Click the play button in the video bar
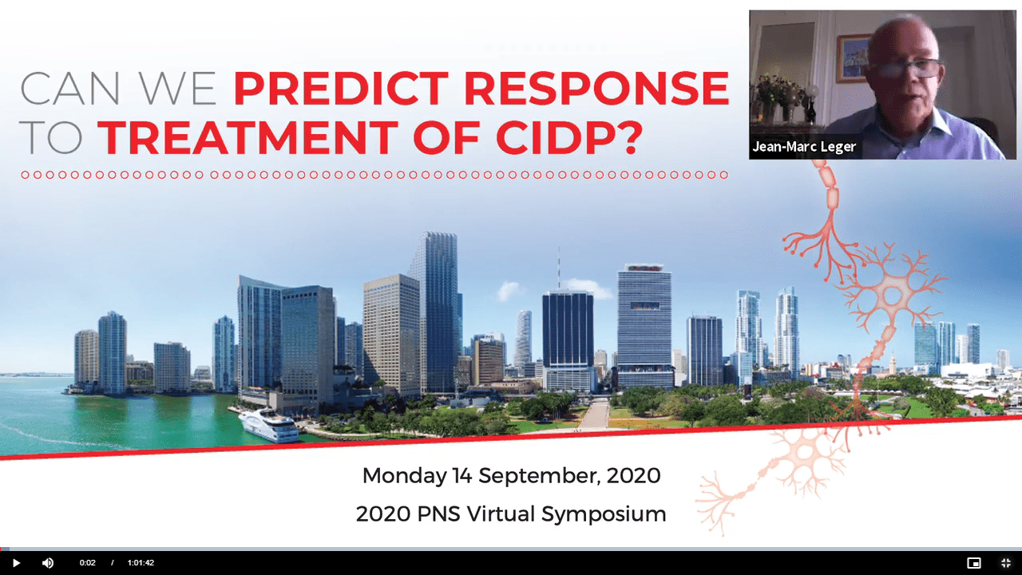coord(16,563)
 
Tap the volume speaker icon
coord(47,563)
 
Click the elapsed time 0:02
coord(87,563)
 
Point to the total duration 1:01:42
coord(141,563)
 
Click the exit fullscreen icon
coord(1006,563)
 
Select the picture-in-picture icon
coord(974,563)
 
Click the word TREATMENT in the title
coord(248,137)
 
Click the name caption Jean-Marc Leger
coord(804,147)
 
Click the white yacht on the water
coord(268,426)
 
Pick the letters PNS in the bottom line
coord(438,514)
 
